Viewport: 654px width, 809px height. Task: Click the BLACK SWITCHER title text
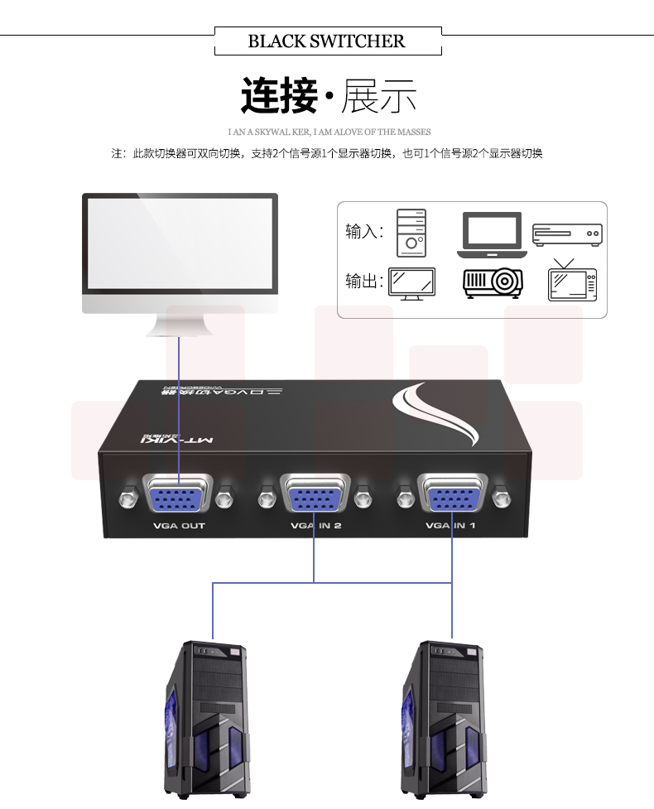327,41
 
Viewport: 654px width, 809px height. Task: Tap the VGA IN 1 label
453,526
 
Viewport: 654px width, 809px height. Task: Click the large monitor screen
180,242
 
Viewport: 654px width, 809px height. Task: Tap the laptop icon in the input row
491,234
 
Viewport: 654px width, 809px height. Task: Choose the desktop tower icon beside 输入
411,233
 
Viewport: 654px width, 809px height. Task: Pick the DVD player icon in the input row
567,235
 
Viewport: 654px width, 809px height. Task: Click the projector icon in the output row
493,282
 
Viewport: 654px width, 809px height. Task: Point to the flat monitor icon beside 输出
413,282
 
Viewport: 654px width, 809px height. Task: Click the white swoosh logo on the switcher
435,415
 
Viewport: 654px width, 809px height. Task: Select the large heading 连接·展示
328,96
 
